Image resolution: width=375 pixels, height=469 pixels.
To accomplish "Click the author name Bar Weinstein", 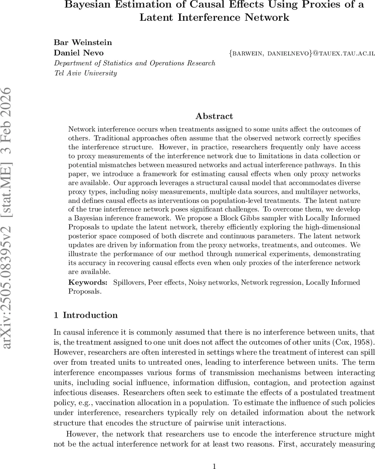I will (x=83, y=42).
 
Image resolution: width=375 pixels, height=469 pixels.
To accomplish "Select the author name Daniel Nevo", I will (x=79, y=52).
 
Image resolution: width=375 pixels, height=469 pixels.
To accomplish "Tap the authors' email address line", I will (x=301, y=53).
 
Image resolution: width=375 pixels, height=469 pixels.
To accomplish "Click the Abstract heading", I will (x=214, y=116).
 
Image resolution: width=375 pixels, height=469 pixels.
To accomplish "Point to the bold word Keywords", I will (x=88, y=282).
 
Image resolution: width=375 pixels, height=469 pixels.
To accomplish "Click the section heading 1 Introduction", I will (x=86, y=315).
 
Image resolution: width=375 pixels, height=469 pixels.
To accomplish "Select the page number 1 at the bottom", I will (x=214, y=465).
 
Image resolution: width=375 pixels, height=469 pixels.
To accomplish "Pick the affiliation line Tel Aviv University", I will (x=85, y=73).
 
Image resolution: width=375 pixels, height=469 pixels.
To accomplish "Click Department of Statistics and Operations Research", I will (x=135, y=63).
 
